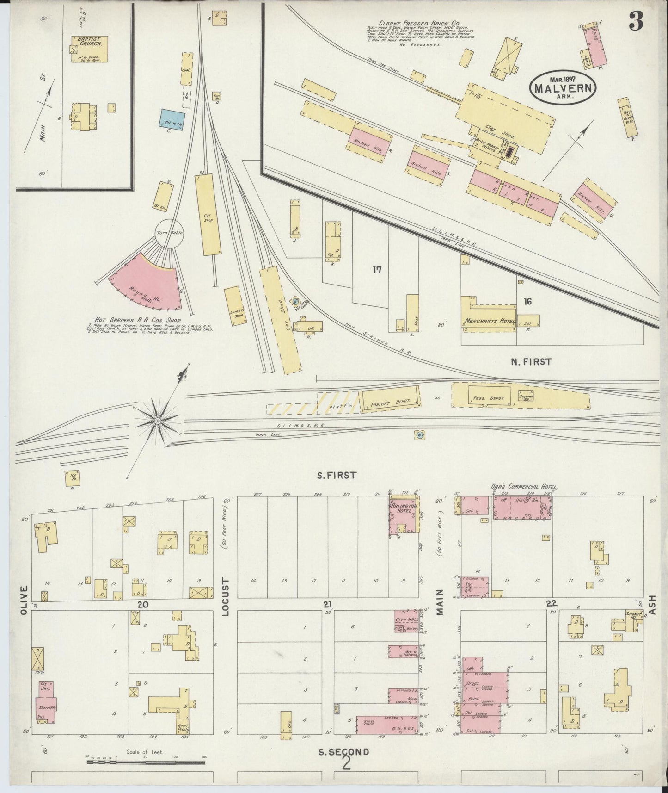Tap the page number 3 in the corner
(636, 21)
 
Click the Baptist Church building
(90, 48)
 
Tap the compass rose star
(157, 421)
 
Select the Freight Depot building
(391, 398)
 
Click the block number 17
(377, 270)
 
